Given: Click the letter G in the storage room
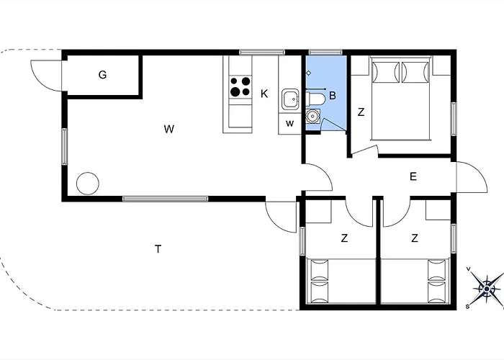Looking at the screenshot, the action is coord(102,75).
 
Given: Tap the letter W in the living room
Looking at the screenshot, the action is coord(168,129).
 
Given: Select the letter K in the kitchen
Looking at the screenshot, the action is coord(264,94).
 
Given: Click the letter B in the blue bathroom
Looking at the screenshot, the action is coord(333,96).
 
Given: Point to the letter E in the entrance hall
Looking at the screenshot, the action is coord(413,176).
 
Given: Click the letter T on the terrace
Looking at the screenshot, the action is coord(158,249).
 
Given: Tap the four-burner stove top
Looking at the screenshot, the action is coord(240,87).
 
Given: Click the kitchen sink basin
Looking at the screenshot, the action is coord(291,99).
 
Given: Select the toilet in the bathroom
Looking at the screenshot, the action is coord(315,99).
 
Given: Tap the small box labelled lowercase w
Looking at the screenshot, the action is coord(289,123).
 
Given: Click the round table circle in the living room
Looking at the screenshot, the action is coord(88,184).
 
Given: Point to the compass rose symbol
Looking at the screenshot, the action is coord(486,289).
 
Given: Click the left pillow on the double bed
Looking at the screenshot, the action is coord(385,72).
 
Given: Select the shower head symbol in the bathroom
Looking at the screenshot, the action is coord(309,73).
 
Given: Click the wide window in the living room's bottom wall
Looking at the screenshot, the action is coord(166,199).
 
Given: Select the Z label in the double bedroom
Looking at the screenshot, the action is coord(361,112).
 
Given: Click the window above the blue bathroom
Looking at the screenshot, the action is coord(325,53).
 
